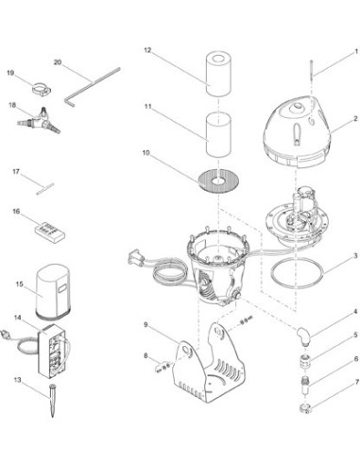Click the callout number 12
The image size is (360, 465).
147,50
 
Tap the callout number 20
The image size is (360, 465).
58,62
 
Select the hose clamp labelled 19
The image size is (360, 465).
42,89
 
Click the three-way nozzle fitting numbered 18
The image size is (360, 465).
39,121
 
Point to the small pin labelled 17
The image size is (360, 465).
45,189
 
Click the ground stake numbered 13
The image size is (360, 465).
52,400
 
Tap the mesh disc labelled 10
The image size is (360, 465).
218,181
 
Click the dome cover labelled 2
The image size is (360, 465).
296,131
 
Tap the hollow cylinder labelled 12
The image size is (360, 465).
218,74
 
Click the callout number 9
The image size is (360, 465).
146,324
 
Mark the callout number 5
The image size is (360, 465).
356,335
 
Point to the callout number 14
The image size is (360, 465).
18,318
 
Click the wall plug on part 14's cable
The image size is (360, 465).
7,336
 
